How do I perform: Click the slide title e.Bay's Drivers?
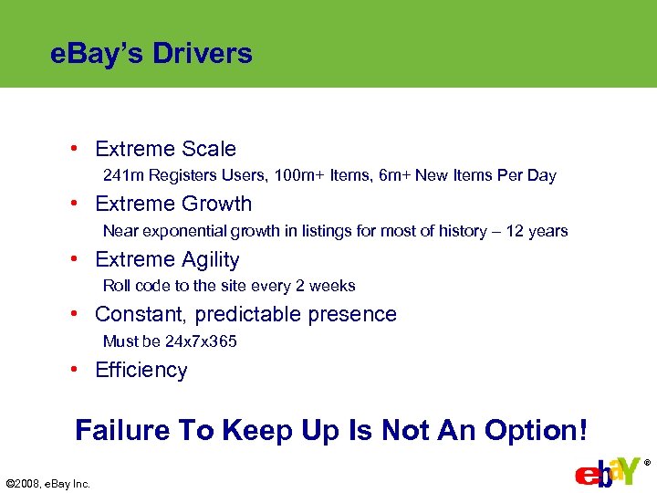(151, 54)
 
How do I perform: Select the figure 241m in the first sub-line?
(122, 175)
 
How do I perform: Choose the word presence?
(354, 314)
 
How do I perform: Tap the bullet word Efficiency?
(141, 370)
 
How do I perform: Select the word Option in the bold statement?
(532, 430)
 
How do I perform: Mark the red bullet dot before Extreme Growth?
(82, 204)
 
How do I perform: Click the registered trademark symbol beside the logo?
(647, 463)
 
